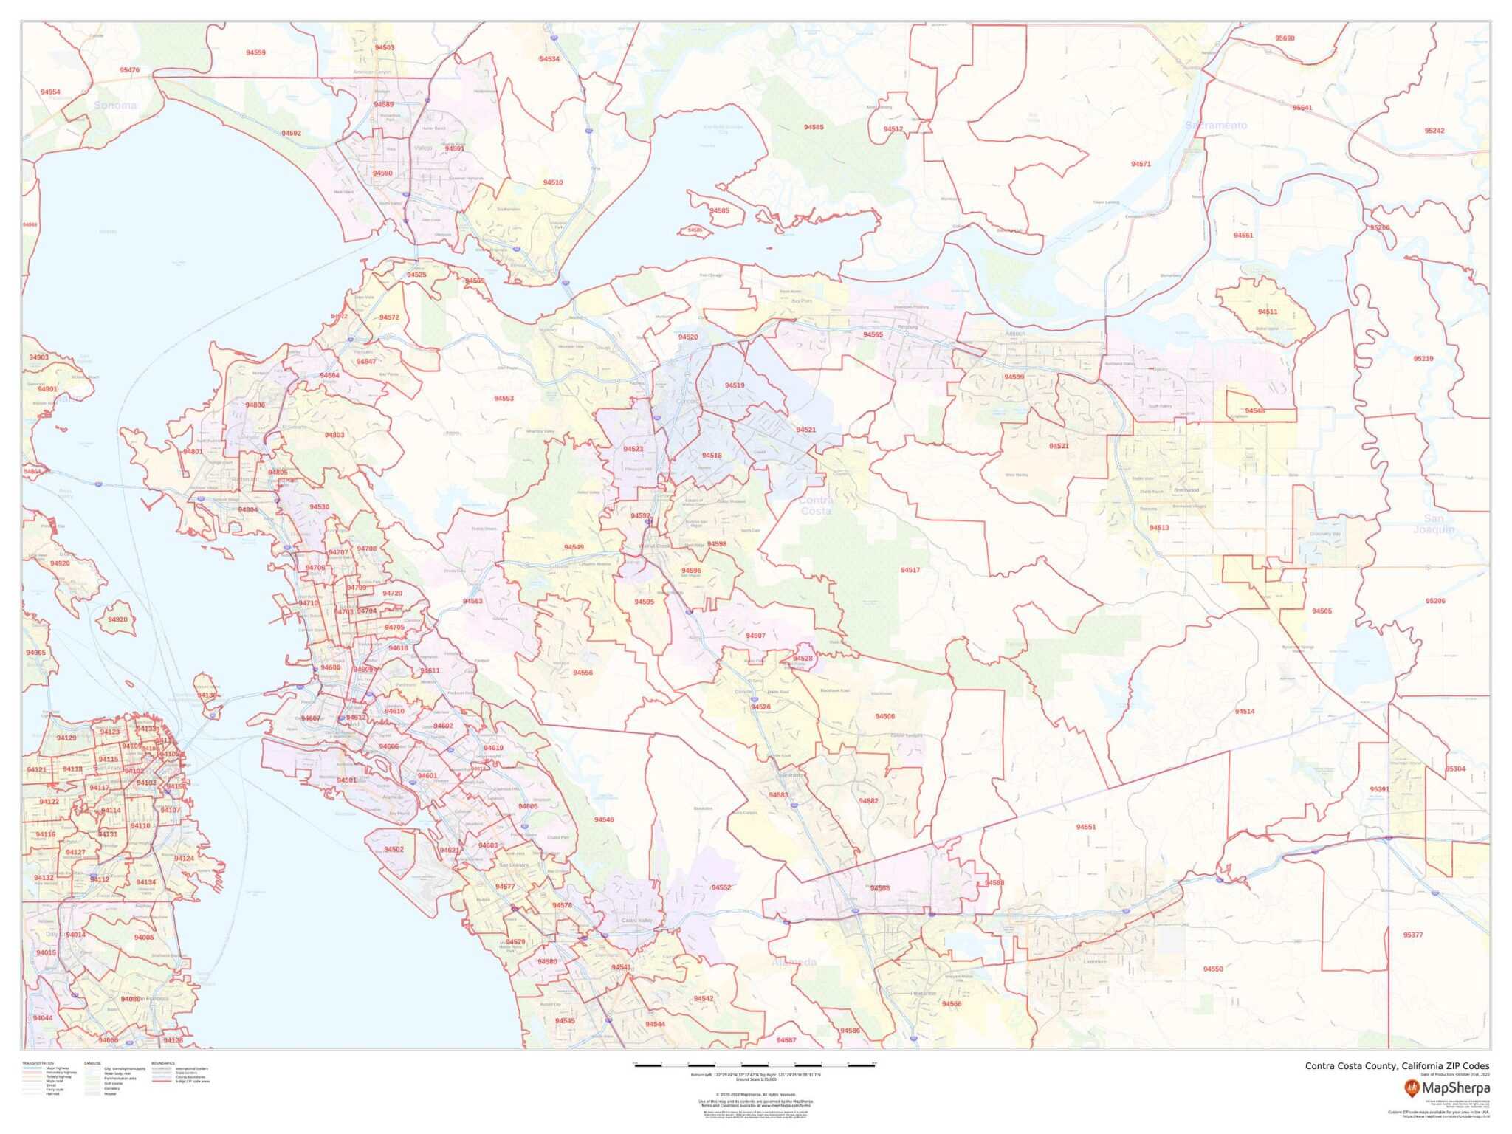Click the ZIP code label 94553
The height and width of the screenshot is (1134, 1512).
pyautogui.click(x=504, y=399)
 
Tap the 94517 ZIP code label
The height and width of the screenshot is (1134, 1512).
pyautogui.click(x=910, y=570)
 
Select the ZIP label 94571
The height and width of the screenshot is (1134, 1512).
pyautogui.click(x=1141, y=164)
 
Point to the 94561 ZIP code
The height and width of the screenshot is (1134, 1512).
pyautogui.click(x=1243, y=236)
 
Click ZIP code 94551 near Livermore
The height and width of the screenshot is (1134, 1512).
pyautogui.click(x=1085, y=827)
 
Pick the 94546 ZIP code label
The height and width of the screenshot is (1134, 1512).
pyautogui.click(x=604, y=819)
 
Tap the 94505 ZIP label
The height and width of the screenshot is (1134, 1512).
pyautogui.click(x=1322, y=611)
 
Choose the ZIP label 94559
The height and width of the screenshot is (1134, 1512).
pyautogui.click(x=255, y=52)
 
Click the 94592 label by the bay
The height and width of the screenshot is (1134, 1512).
pyautogui.click(x=291, y=134)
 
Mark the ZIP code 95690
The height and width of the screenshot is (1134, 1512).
pyautogui.click(x=1285, y=38)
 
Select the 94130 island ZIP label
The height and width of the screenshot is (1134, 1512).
pyautogui.click(x=207, y=695)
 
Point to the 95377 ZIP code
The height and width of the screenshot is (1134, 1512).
pyautogui.click(x=1412, y=935)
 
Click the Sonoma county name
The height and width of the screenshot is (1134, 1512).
pyautogui.click(x=115, y=106)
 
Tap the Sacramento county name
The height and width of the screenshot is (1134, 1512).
pyautogui.click(x=1216, y=126)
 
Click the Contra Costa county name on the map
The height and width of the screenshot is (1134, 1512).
pyautogui.click(x=816, y=505)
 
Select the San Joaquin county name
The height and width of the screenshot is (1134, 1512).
pyautogui.click(x=1434, y=523)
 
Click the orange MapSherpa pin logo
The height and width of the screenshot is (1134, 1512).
pyautogui.click(x=1412, y=1087)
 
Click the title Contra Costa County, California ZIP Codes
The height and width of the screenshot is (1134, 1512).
pyautogui.click(x=1397, y=1066)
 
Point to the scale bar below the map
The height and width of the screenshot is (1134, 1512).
pyautogui.click(x=755, y=1065)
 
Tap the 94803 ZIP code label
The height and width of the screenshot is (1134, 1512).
pyautogui.click(x=334, y=436)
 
